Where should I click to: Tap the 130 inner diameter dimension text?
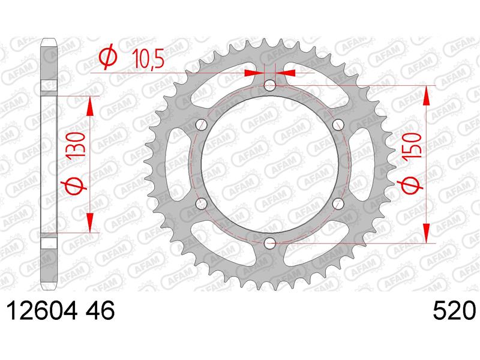coord(76,145)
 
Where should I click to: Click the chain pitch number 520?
coord(454,310)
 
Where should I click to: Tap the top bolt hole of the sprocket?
coord(269,85)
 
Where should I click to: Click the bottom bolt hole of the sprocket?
coord(269,244)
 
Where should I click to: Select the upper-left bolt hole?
coord(202,124)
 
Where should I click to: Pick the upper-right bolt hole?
coord(338,124)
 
